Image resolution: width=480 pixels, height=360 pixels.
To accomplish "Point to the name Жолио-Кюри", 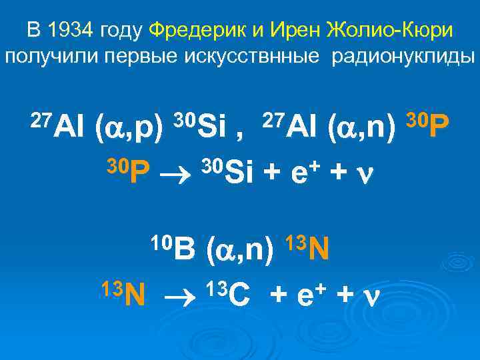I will pyautogui.click(x=386, y=31).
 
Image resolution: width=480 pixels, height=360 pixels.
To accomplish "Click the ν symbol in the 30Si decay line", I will pyautogui.click(x=363, y=175).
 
